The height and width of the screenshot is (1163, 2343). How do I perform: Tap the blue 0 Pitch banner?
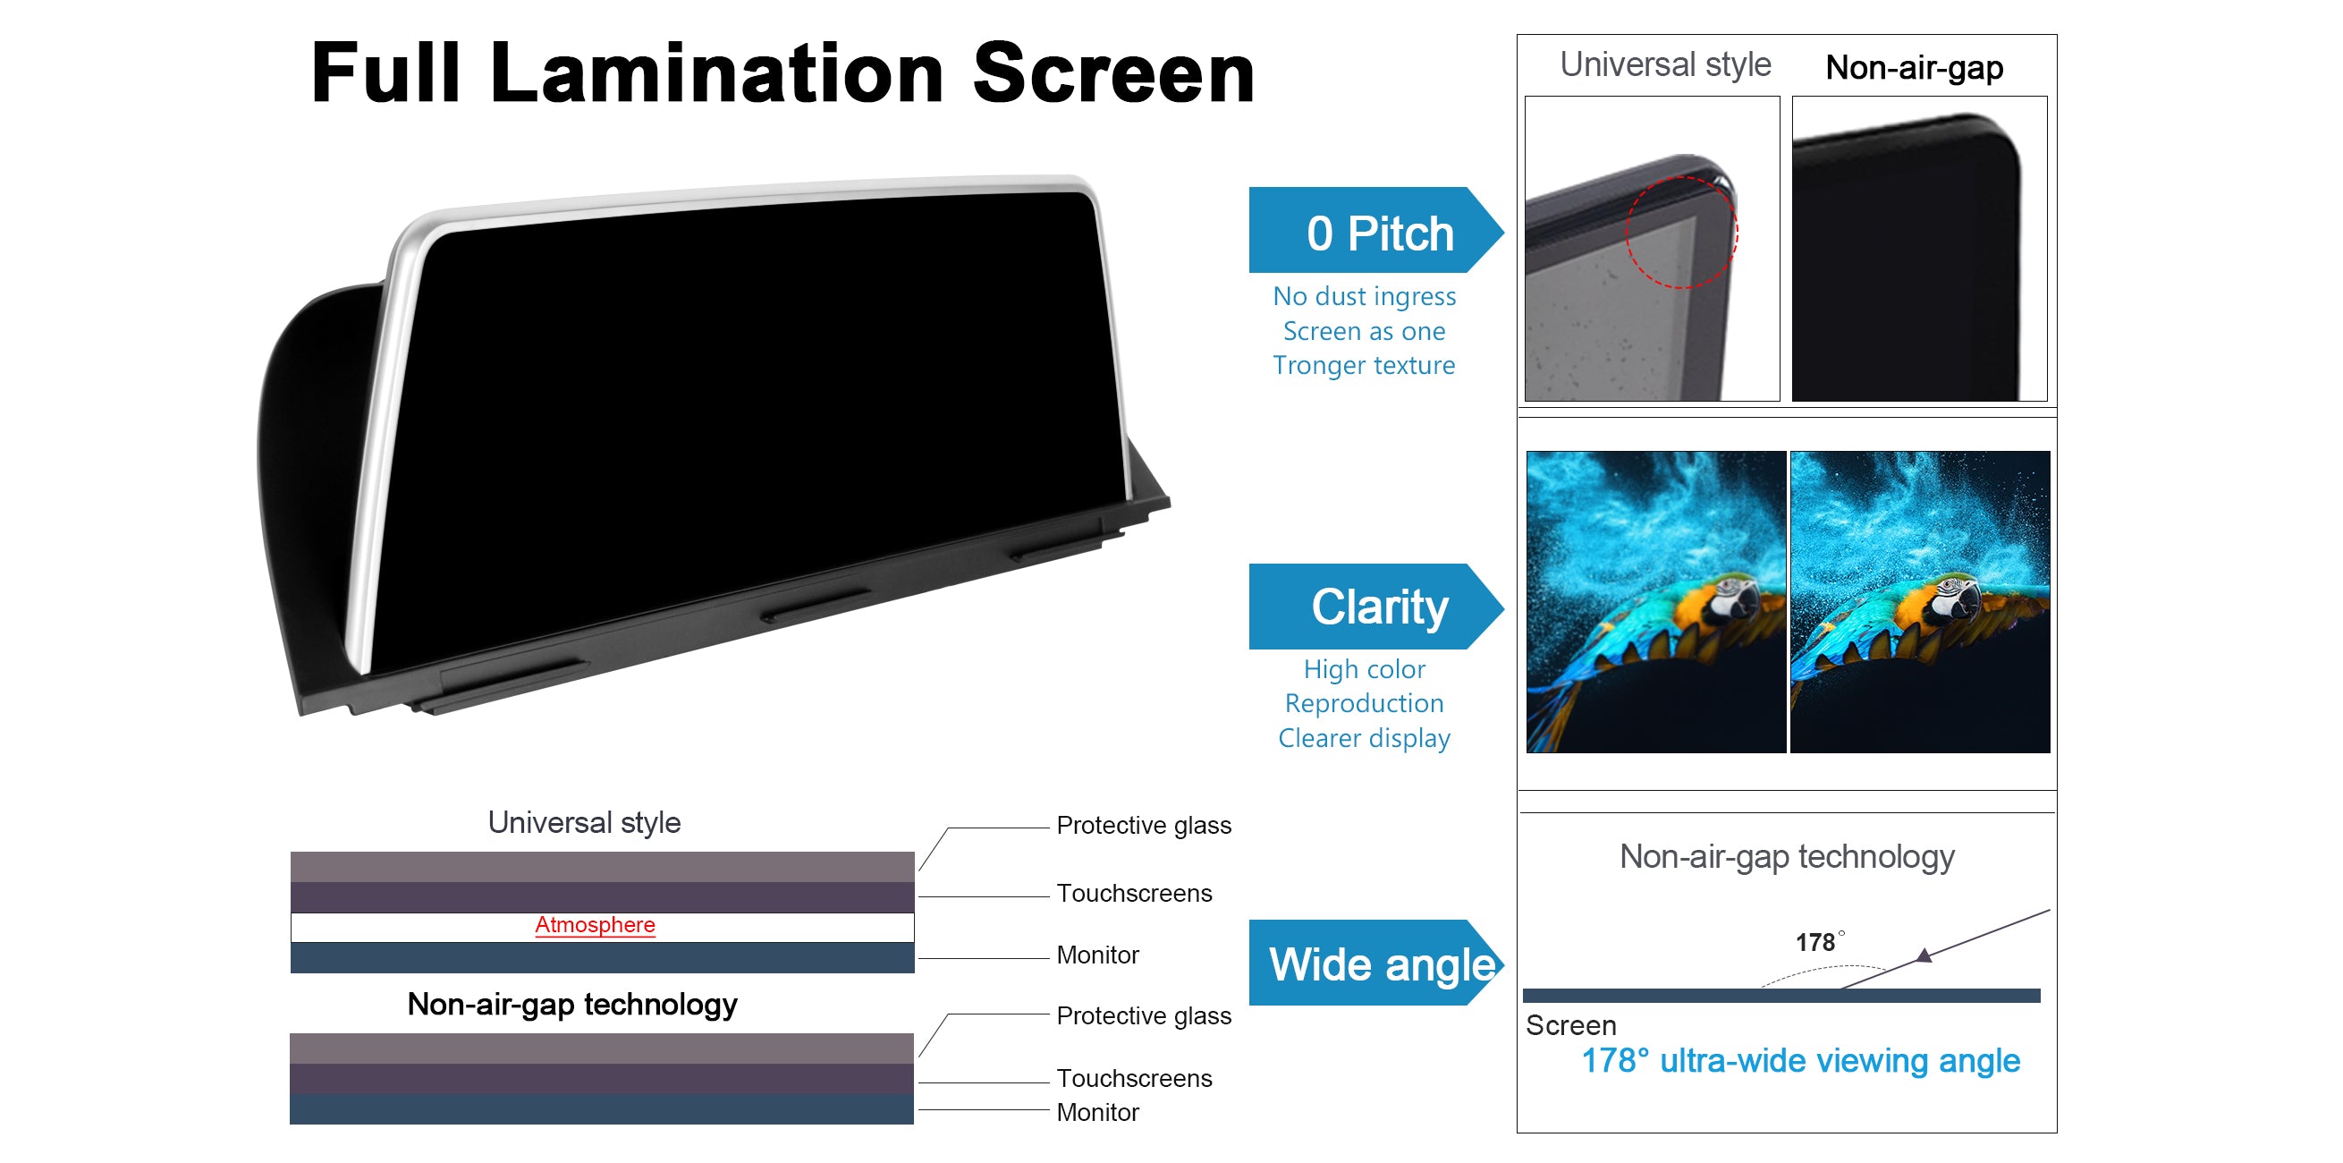click(x=1375, y=230)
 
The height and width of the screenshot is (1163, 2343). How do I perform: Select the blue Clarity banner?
click(x=1375, y=606)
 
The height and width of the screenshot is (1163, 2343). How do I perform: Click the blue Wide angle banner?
click(x=1375, y=963)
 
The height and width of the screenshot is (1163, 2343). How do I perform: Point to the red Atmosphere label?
click(x=595, y=924)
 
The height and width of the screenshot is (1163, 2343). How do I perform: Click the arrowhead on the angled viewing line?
click(x=1924, y=955)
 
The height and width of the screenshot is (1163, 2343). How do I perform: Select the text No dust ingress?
click(x=1365, y=296)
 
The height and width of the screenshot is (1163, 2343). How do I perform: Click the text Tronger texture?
click(x=1364, y=365)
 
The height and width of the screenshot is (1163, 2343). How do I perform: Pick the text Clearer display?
click(x=1364, y=738)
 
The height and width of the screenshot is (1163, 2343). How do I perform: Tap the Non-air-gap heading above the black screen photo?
click(x=1914, y=67)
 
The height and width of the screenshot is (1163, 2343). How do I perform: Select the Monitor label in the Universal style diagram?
click(x=1097, y=955)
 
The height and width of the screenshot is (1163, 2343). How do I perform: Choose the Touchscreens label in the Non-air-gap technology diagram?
click(x=1134, y=1078)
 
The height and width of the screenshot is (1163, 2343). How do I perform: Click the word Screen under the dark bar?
click(x=1570, y=1025)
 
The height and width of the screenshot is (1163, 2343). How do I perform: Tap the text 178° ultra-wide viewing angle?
click(x=1800, y=1061)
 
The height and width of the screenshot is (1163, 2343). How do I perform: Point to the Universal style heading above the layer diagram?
click(x=584, y=823)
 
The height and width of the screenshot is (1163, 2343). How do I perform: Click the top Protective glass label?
click(x=1143, y=826)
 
